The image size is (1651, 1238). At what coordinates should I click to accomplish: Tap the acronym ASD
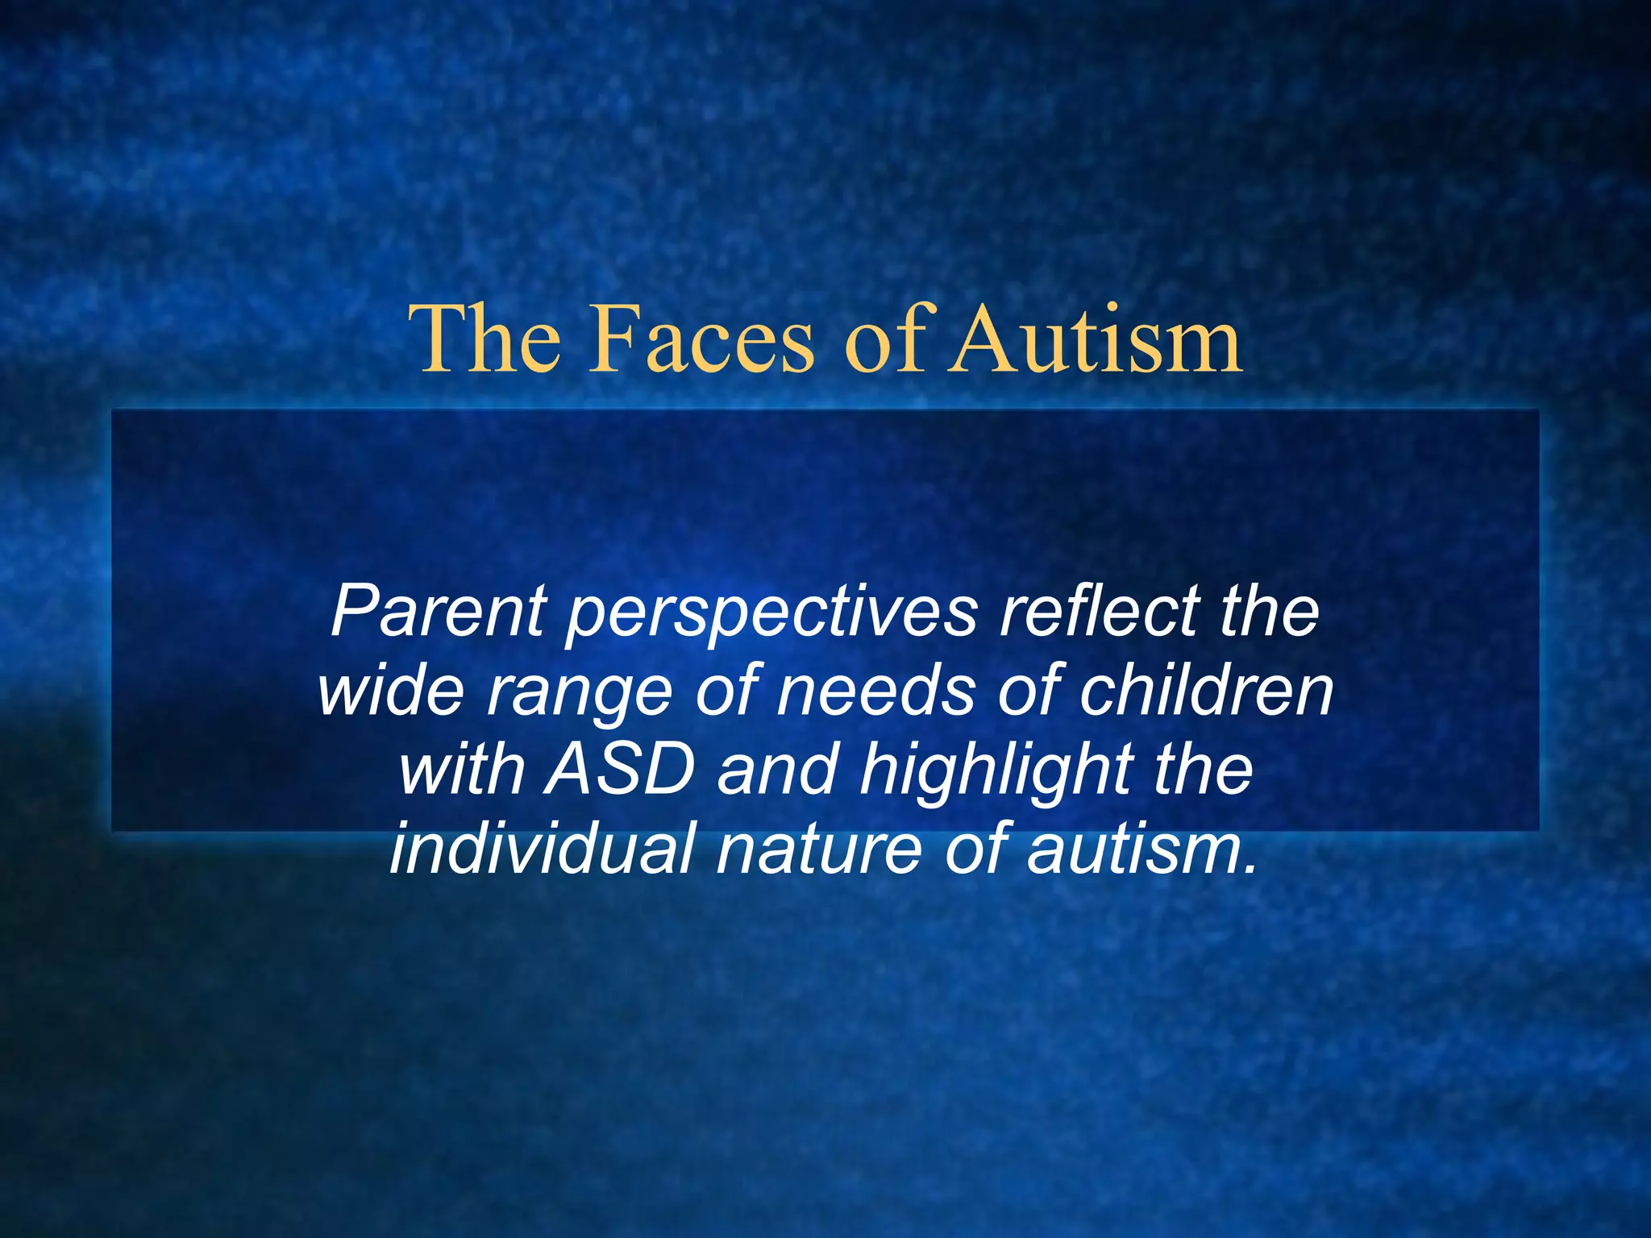pos(619,769)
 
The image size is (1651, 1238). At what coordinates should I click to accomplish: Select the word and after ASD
pos(777,769)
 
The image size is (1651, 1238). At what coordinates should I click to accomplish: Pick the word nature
pos(818,850)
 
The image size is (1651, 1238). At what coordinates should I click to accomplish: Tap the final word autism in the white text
pos(1142,850)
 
